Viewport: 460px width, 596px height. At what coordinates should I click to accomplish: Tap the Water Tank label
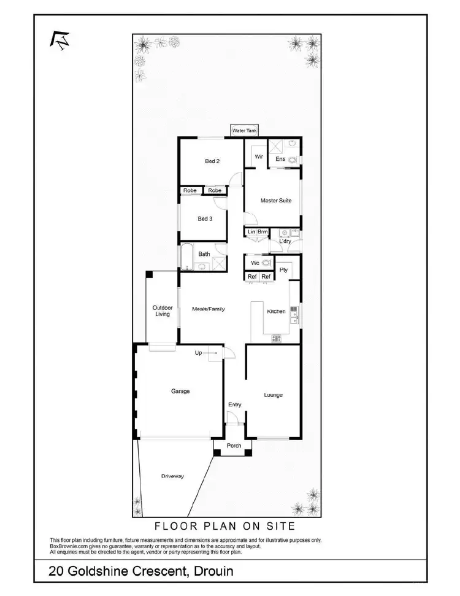pos(245,131)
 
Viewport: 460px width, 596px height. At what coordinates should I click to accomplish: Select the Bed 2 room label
pos(212,161)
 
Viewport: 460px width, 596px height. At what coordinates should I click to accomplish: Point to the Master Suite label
pos(277,201)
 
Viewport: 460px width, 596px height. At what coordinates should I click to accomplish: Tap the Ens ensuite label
pos(280,160)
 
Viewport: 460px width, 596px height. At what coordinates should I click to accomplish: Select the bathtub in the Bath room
pos(186,256)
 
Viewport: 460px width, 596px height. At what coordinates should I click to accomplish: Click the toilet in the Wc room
pos(266,263)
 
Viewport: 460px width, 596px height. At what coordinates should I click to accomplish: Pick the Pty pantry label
pos(283,270)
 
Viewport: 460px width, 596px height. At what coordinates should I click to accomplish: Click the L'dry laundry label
pos(285,241)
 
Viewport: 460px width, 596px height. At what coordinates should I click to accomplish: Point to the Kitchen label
pos(276,312)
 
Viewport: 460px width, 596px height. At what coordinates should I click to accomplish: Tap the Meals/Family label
pos(209,309)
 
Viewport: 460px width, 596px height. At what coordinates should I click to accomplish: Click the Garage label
pos(180,391)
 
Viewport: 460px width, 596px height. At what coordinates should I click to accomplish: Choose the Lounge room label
pos(273,395)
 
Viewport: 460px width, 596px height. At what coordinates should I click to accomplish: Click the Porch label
pos(234,446)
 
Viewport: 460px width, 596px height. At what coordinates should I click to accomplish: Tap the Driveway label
pos(173,476)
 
